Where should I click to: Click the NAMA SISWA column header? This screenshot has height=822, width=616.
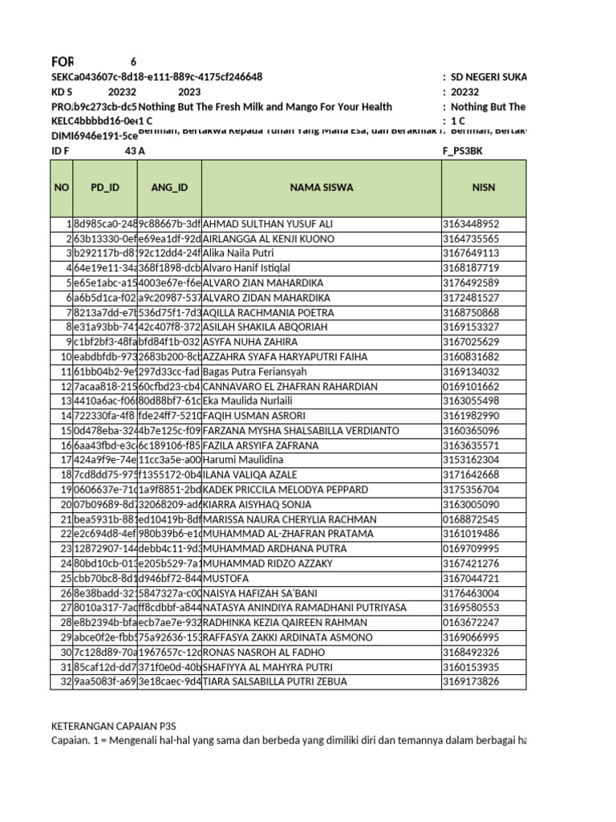point(321,187)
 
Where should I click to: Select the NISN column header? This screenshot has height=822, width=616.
point(484,187)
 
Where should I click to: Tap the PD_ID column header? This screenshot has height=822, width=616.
point(104,187)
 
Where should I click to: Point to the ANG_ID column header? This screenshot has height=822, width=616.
point(169,187)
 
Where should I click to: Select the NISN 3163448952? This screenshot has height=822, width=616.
point(470,224)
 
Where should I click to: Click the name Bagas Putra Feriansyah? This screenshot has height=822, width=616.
point(256,372)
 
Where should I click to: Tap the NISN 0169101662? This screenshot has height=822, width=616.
point(470,386)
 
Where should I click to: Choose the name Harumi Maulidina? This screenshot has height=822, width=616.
point(244,460)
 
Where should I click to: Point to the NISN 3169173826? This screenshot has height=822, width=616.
point(470,682)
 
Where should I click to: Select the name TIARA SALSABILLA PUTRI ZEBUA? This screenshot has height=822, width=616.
point(276,682)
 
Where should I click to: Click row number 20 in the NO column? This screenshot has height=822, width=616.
point(63,504)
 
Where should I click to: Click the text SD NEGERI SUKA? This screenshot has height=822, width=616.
point(488,77)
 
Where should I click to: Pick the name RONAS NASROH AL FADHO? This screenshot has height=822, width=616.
point(265,652)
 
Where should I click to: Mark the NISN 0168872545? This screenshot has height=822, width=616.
point(470,519)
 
